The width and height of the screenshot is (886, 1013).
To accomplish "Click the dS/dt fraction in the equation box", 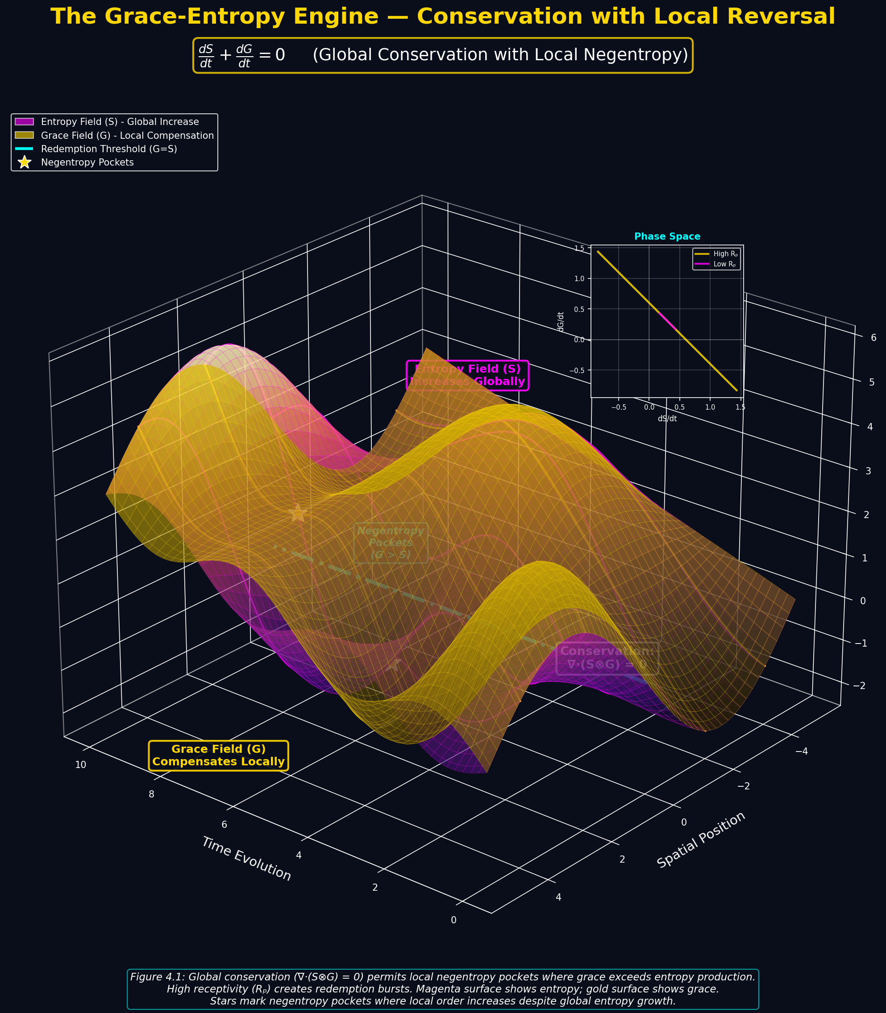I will click(x=205, y=55).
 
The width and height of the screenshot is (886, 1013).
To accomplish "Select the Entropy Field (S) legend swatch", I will click(x=24, y=122).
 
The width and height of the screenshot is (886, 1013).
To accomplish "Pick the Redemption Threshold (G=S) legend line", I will click(x=24, y=149).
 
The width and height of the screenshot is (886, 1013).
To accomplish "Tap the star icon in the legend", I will click(x=24, y=162).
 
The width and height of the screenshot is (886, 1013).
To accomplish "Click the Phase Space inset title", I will click(x=667, y=237).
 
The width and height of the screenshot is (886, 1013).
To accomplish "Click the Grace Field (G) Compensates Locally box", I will click(x=219, y=755).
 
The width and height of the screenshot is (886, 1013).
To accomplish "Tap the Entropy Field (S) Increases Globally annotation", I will click(x=467, y=375).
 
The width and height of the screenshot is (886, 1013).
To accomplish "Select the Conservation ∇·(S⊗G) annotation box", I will click(x=607, y=658).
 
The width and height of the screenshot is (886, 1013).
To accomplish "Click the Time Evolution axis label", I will click(x=246, y=858).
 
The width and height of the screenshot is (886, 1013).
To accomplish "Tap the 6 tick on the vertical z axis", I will click(x=873, y=338).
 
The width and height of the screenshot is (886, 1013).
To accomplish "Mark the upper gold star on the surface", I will click(x=297, y=513).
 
